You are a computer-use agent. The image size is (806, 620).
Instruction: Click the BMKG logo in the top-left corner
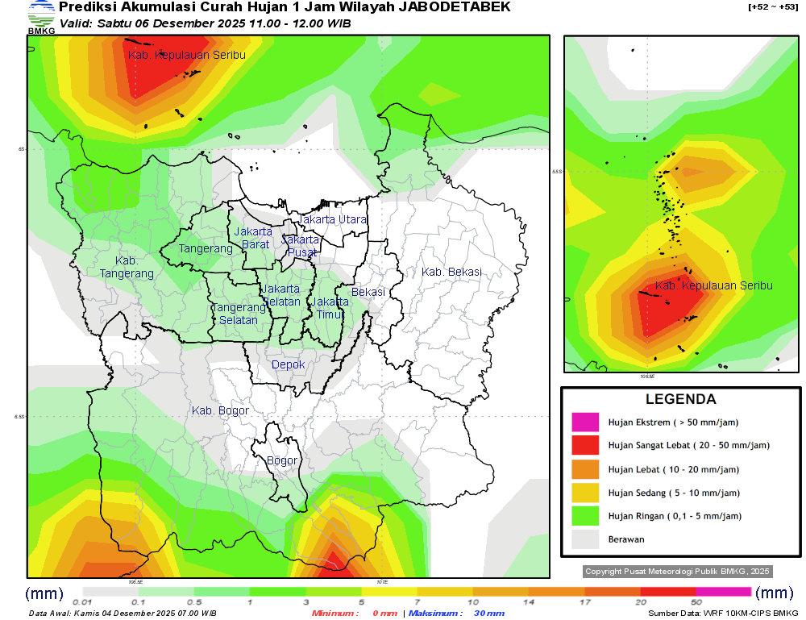[x=41, y=17]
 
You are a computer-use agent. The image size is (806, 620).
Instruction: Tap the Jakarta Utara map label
[x=332, y=219]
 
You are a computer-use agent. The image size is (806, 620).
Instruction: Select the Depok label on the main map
[x=289, y=365]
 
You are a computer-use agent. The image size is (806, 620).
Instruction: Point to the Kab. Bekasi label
[x=451, y=272]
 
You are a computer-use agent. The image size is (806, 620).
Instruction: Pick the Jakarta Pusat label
[x=302, y=246]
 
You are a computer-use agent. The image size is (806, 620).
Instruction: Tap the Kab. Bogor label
[x=220, y=411]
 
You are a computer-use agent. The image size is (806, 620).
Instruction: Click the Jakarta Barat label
[x=253, y=238]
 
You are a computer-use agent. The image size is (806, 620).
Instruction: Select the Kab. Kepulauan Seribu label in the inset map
[x=713, y=286]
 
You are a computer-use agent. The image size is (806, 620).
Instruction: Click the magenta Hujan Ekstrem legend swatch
[x=585, y=422]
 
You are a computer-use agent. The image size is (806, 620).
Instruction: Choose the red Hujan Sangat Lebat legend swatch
[x=585, y=446]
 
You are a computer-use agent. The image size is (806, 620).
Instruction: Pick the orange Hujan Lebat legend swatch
[x=585, y=469]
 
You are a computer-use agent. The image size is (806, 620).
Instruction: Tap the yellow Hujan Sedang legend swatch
[x=585, y=493]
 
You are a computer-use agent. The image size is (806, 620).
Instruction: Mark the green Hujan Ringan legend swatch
[x=585, y=516]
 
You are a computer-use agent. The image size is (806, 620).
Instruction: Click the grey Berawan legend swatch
[x=585, y=539]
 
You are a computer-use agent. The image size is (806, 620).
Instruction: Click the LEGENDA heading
[x=680, y=399]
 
